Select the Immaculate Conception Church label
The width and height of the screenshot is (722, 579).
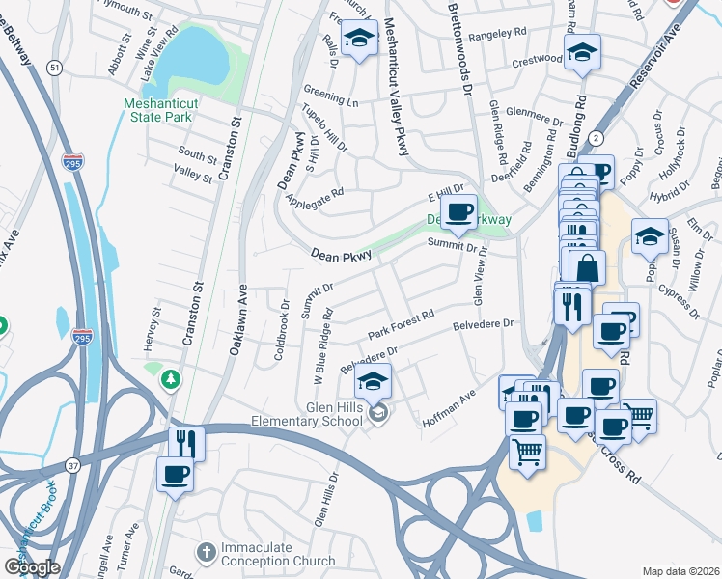(256, 553)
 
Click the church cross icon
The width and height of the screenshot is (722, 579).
(205, 552)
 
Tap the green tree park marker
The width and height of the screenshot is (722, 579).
(171, 378)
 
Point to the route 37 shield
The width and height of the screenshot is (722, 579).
(73, 466)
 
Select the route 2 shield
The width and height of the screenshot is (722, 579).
(597, 138)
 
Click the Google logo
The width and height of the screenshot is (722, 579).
(32, 566)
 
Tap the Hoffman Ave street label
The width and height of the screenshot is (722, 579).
(449, 410)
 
